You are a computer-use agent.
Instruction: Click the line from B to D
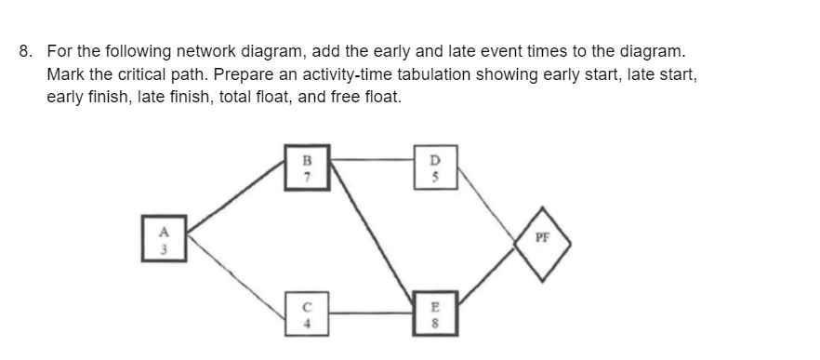point(372,160)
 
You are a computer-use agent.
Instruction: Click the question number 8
point(26,51)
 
